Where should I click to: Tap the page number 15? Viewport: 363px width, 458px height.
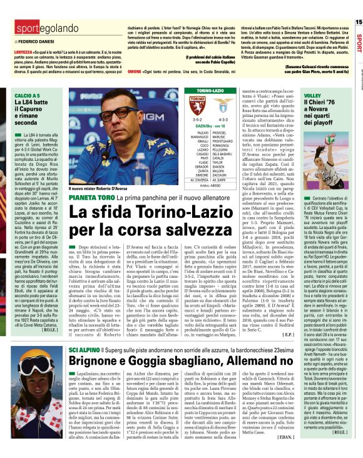[x=358, y=22]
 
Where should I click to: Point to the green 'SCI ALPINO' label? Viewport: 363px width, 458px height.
[x=82, y=349]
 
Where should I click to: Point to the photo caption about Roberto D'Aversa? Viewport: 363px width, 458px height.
[x=100, y=188]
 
